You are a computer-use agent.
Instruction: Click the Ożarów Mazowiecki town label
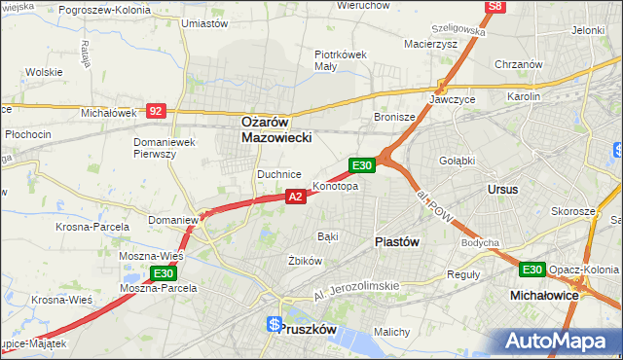click(x=276, y=130)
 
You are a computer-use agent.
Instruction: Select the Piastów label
click(x=396, y=242)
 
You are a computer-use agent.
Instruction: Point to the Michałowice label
click(x=544, y=293)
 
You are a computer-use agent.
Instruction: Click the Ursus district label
click(x=502, y=189)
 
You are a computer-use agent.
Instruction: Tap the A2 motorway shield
click(x=297, y=197)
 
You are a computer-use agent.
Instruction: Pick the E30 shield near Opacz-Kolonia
click(x=531, y=270)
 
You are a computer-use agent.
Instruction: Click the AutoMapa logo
click(x=555, y=341)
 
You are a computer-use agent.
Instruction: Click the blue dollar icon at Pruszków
click(x=275, y=324)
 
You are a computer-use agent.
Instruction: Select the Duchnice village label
click(x=277, y=173)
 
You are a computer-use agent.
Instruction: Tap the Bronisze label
click(x=395, y=117)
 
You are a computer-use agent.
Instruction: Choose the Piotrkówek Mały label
click(x=340, y=60)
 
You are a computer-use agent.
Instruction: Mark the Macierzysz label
click(x=429, y=43)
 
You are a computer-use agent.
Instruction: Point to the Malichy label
click(x=391, y=332)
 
